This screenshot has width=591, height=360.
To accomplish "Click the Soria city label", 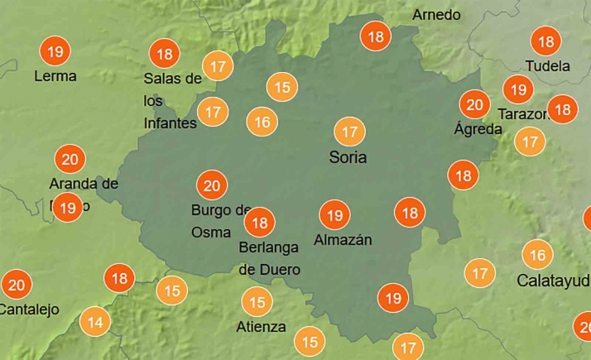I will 348,156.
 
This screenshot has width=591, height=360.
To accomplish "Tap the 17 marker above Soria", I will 349,132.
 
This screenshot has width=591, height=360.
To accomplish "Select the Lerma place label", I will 55,76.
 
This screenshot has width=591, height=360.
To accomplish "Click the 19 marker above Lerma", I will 55,52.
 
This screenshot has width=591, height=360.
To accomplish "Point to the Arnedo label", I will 436,15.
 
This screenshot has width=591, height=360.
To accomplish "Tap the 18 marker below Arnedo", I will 376,36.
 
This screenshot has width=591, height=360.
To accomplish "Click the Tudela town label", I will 547,65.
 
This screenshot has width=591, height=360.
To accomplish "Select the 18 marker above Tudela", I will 545,41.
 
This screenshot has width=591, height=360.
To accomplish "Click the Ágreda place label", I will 478,129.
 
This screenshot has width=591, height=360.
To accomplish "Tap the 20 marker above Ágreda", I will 474,105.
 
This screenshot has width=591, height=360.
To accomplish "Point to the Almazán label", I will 343,240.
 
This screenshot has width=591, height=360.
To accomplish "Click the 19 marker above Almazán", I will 334,216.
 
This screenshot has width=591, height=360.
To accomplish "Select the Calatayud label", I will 554,280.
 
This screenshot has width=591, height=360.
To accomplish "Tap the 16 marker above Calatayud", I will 537,255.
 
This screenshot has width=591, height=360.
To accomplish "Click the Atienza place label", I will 261,326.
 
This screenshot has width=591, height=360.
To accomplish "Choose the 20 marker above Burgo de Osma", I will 212,185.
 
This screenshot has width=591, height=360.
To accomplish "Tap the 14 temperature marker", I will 96,321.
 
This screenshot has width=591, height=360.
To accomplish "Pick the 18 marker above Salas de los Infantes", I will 165,55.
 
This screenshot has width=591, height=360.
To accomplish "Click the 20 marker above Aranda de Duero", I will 70,159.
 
